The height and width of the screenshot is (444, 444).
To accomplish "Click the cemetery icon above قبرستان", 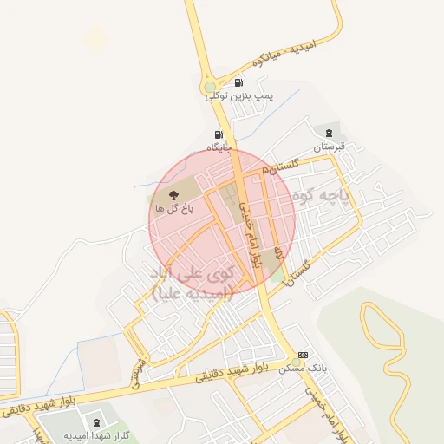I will (x=329, y=133).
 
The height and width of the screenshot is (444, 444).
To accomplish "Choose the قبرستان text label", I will (x=329, y=147).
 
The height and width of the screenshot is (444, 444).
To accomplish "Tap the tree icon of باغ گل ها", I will (x=173, y=194).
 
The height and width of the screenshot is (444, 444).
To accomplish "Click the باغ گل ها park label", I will (x=173, y=208).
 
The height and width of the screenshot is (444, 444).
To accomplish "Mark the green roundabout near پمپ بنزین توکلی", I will (x=209, y=87).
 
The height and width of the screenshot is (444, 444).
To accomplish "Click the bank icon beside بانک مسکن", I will (x=303, y=355).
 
